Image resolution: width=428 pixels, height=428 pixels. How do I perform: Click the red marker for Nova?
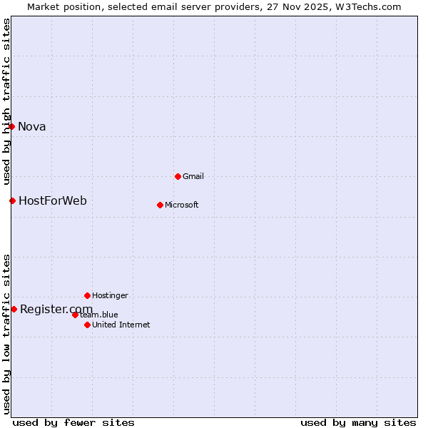coord(12,126)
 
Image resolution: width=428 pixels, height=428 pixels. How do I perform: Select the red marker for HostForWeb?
coord(12,200)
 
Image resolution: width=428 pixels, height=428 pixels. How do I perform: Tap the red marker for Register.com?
coord(14,309)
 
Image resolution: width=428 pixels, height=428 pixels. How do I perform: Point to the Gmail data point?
coord(178,176)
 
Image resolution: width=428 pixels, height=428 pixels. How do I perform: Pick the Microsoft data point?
coord(160,205)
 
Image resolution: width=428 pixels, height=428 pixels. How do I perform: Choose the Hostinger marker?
coord(87,295)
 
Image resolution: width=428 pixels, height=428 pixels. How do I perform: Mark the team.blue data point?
coord(75,315)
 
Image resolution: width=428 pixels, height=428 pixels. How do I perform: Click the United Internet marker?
coord(87,325)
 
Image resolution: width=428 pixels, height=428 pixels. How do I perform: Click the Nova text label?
coord(32,127)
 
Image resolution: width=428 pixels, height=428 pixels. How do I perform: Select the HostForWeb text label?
coord(53,201)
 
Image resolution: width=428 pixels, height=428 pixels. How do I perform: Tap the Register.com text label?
coord(56,309)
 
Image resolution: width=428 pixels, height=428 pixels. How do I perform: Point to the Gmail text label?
coord(193,177)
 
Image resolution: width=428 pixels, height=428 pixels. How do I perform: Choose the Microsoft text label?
coord(182,205)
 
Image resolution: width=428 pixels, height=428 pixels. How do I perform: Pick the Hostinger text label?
coord(110,296)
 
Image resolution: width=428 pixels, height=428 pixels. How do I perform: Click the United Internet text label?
coord(121,325)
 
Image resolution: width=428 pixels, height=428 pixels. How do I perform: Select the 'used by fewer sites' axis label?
coord(73,423)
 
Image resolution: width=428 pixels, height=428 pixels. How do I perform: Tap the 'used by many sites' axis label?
coord(358,423)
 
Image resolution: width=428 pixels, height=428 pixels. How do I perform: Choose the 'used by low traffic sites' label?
coord(7,334)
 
